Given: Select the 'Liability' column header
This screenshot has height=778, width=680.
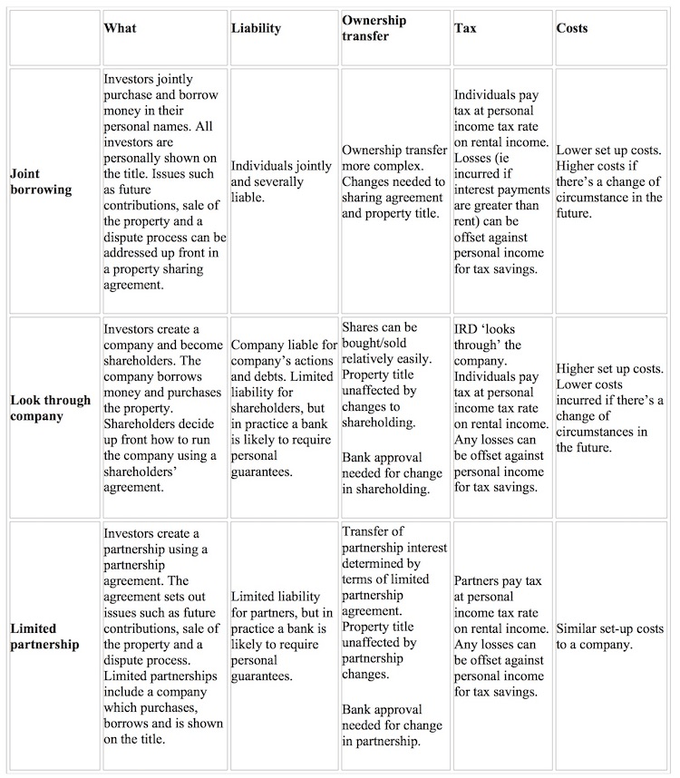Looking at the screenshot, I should (x=256, y=28).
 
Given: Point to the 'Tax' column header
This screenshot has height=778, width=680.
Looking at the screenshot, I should (x=465, y=28).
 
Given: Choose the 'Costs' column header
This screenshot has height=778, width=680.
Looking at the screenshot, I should (x=571, y=28).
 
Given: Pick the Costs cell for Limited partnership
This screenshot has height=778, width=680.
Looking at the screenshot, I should (x=609, y=637).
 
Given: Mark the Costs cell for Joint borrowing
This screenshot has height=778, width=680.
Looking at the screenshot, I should (x=609, y=181).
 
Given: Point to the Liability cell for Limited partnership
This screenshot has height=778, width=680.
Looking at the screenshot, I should (x=282, y=637).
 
